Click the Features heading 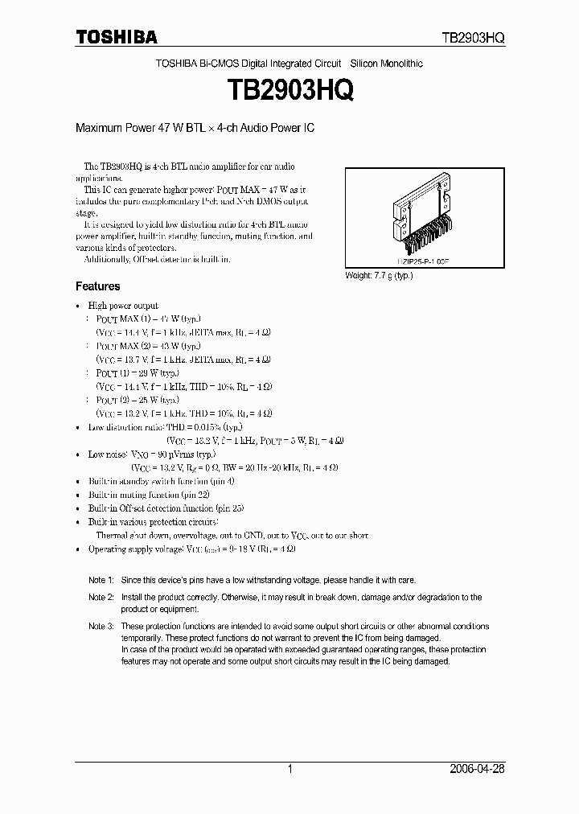tap(97, 286)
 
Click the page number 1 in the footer tap(289, 769)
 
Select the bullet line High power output tap(122, 306)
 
